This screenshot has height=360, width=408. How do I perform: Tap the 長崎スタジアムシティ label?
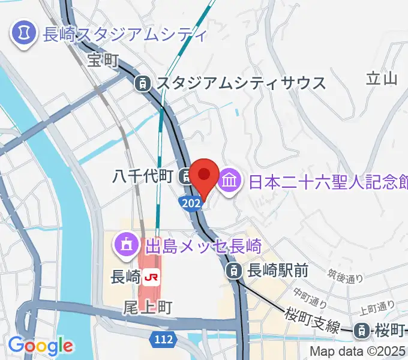pos(125,33)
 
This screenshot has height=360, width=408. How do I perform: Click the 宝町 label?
pos(103,60)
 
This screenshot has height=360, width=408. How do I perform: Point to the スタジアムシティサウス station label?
pos(242,83)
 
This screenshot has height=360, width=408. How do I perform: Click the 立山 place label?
pos(381,78)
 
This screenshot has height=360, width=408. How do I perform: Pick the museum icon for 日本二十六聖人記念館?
pos(230,178)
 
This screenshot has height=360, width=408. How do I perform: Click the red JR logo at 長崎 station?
pos(152,277)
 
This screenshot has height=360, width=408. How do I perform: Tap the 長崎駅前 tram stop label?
pos(278,271)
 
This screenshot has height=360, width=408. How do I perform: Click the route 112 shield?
pos(163,340)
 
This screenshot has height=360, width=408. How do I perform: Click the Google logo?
pos(40,346)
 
